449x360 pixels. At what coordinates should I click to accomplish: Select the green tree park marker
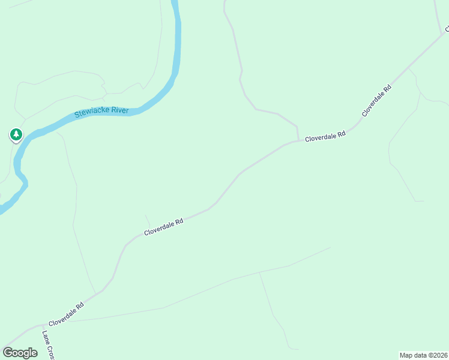point(16,134)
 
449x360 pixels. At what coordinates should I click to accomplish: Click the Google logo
point(20,353)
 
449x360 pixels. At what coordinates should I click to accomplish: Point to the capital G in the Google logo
point(7,353)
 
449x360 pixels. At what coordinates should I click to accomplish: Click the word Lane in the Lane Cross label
point(46,337)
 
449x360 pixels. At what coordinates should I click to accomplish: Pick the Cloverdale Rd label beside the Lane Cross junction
point(66,313)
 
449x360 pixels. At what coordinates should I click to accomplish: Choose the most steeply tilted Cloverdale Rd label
point(376,101)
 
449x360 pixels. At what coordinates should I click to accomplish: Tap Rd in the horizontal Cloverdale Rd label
point(341,136)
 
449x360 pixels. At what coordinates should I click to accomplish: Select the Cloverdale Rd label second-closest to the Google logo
point(163,227)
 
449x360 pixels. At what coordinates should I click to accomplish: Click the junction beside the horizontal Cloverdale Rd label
point(298,140)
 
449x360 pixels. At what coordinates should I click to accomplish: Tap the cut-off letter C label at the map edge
point(447,28)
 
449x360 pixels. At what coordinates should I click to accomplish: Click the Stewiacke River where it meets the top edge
point(175,2)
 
